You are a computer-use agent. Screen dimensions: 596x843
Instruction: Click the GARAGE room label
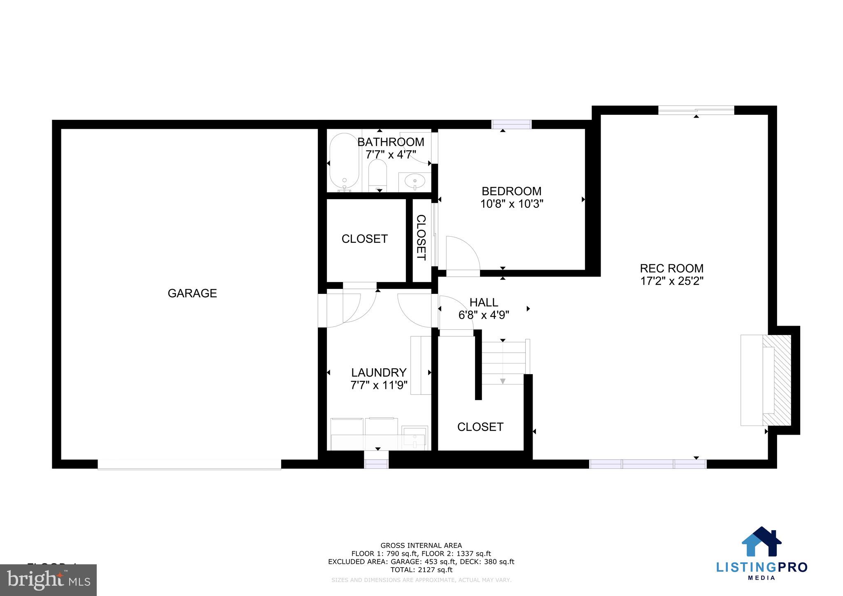(x=192, y=293)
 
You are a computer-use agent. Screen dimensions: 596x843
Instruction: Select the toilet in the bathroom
(x=377, y=175)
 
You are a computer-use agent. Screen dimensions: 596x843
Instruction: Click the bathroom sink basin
(x=415, y=180)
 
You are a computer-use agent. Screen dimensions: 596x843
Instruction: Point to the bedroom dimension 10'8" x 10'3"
(x=512, y=204)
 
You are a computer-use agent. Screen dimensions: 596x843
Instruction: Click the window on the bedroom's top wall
(x=512, y=124)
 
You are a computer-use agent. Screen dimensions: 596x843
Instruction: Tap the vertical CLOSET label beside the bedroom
(x=421, y=237)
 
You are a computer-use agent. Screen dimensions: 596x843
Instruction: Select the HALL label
(x=484, y=302)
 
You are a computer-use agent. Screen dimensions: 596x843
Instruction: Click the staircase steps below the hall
(x=503, y=362)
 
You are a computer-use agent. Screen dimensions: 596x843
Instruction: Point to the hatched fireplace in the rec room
(x=777, y=380)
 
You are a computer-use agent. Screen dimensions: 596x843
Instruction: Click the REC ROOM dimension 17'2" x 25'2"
(x=672, y=282)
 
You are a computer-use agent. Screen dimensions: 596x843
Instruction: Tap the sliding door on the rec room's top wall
(x=696, y=110)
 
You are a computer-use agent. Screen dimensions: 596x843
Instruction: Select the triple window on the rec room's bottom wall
(x=648, y=464)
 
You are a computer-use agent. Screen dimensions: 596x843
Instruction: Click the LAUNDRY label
(x=379, y=372)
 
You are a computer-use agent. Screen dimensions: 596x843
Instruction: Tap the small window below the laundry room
(x=376, y=464)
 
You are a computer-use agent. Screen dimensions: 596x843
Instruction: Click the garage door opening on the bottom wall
(x=189, y=464)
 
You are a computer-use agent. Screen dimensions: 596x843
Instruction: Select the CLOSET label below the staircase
(x=480, y=427)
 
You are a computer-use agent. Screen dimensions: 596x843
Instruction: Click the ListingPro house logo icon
(x=761, y=542)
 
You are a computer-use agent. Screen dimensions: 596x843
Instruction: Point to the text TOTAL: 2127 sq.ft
(x=421, y=570)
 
